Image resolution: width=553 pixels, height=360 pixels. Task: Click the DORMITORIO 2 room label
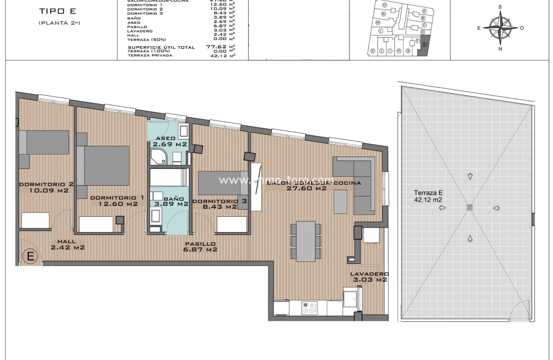coord(47,187)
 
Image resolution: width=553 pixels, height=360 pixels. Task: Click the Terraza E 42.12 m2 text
coord(428,196)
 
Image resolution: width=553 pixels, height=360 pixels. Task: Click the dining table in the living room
coord(306,241)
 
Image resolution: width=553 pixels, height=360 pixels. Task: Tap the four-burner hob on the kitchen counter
coord(310,308)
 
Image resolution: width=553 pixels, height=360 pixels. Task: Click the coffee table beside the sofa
coord(340,202)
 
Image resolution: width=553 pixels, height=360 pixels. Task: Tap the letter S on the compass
coord(500,7)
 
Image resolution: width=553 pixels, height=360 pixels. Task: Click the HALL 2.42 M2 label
coord(67,244)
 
